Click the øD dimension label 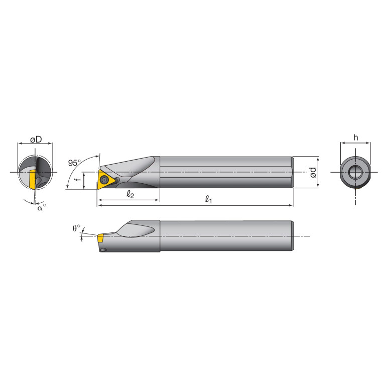(35, 140)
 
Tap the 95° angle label (74, 163)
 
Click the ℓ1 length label (209, 199)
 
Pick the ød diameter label (313, 173)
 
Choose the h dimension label (355, 137)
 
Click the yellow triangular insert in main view (104, 180)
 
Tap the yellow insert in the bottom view (100, 236)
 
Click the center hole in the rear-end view (355, 172)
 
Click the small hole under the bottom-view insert (103, 249)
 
